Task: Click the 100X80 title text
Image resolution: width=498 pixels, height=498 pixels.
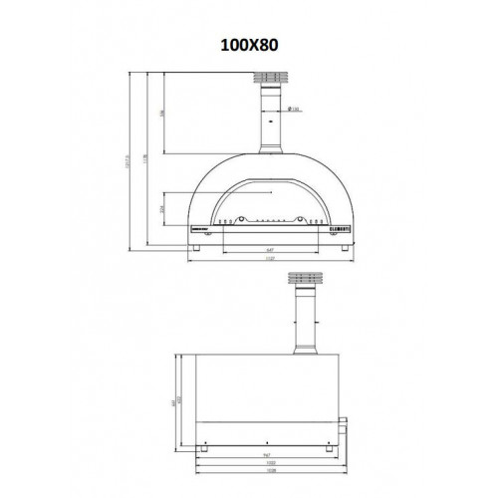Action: tap(248, 45)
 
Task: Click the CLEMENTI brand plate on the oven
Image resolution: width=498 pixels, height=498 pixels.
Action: tap(337, 226)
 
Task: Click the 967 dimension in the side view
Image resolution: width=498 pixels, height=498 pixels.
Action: tap(263, 449)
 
